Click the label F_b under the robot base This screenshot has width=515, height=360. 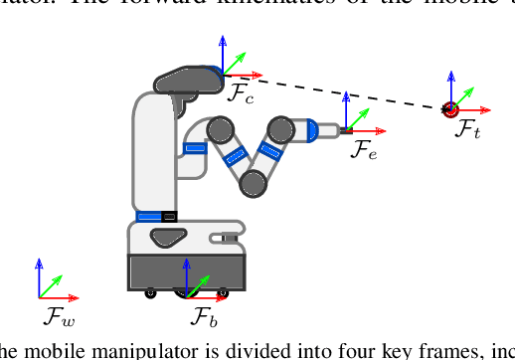pyautogui.click(x=204, y=318)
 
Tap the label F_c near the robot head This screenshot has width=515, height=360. pyautogui.click(x=242, y=94)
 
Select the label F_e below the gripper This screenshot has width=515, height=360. pyautogui.click(x=364, y=150)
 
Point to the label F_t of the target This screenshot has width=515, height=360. pyautogui.click(x=468, y=128)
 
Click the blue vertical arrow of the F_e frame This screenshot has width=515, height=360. pyautogui.click(x=346, y=110)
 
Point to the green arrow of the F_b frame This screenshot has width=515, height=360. pyautogui.click(x=198, y=284)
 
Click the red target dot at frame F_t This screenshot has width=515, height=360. pyautogui.click(x=449, y=107)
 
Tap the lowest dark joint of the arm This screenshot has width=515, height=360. pyautogui.click(x=254, y=182)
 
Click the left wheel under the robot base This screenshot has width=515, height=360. pyautogui.click(x=151, y=292)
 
